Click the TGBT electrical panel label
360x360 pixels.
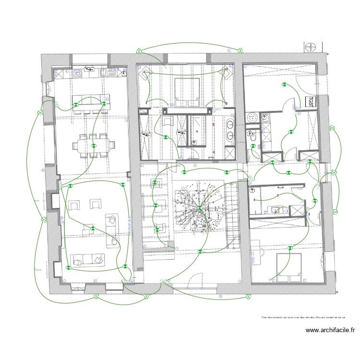pos(310,102)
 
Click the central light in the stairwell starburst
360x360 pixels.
pos(199,207)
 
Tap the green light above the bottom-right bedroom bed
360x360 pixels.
pos(290,248)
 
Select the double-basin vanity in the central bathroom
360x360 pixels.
pos(230,131)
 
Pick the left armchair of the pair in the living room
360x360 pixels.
pos(75,205)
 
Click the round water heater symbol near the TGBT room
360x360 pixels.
pos(252,117)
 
